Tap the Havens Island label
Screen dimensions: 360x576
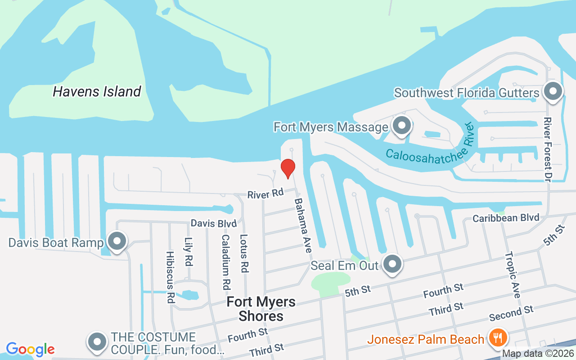[97, 92]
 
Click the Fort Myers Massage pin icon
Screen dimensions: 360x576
[401, 126]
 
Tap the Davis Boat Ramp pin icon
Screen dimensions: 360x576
[117, 242]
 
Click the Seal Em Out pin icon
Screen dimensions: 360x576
[392, 264]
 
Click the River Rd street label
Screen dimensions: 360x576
[265, 194]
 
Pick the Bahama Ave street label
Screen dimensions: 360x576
[303, 222]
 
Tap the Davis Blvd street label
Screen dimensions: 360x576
[213, 223]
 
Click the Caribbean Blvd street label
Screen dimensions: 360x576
[506, 218]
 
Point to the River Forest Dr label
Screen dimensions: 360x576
[548, 147]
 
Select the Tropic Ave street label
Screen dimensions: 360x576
[513, 274]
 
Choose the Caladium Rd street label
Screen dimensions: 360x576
[225, 261]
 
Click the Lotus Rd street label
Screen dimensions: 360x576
[244, 253]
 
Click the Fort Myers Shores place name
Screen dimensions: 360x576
[261, 309]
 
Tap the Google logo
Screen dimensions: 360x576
[30, 349]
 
